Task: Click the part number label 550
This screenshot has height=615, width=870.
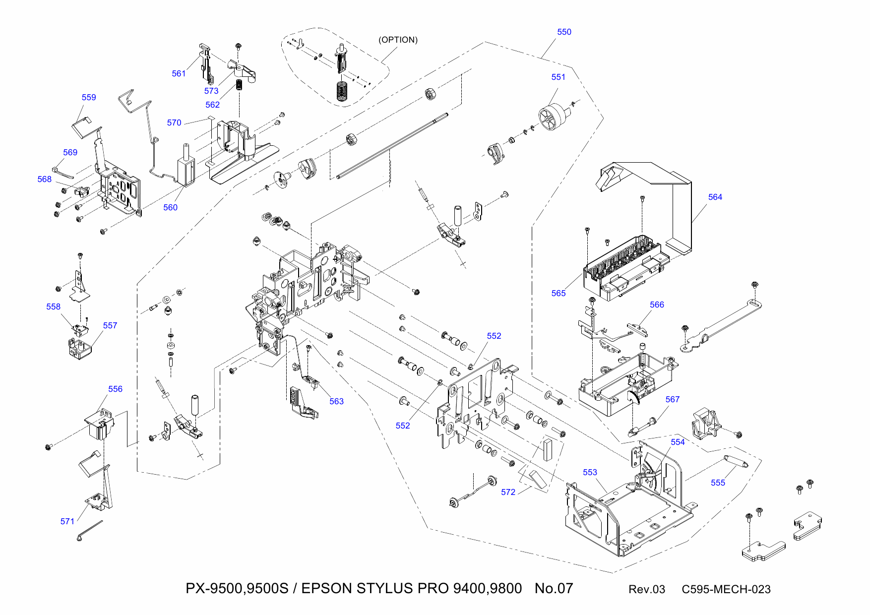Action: [564, 32]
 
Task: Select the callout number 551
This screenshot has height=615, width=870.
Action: [558, 77]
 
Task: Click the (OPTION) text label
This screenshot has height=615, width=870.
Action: [398, 40]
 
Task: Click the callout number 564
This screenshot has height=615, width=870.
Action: [715, 197]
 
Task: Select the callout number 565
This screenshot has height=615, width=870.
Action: [558, 293]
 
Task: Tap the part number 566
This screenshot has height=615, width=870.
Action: [657, 305]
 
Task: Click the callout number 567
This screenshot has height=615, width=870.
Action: [672, 399]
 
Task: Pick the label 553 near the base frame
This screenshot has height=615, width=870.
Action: [590, 472]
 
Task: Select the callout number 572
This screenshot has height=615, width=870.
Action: [508, 492]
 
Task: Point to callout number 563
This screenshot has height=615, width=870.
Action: [336, 401]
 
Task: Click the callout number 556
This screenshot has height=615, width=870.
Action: [115, 389]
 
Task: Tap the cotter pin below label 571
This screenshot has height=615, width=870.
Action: [89, 531]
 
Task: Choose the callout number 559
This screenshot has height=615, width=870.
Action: [89, 97]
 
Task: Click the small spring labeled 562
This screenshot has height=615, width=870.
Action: [239, 84]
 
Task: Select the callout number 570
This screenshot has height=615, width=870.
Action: [174, 123]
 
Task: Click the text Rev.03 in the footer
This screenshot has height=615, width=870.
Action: [646, 589]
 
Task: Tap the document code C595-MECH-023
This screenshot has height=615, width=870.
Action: [726, 589]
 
